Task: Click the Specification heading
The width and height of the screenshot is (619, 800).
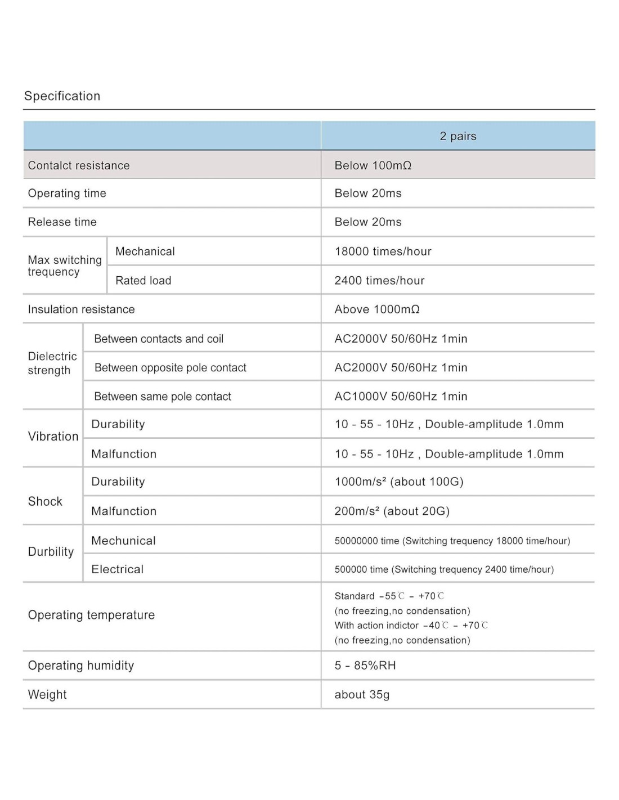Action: coord(62,96)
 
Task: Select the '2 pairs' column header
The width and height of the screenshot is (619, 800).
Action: coord(458,136)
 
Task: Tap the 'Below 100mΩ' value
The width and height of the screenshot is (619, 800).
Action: coord(373,165)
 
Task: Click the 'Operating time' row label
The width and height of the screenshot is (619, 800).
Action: coord(67,194)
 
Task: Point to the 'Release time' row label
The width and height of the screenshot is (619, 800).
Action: coord(62,222)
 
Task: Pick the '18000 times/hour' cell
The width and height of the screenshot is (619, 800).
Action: coord(383,251)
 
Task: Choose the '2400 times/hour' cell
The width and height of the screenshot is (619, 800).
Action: coord(379,281)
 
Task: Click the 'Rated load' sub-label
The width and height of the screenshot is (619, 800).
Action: coord(143,281)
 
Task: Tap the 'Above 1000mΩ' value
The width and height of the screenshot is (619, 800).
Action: coord(377,309)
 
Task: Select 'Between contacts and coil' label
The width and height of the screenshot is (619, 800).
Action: coord(159,339)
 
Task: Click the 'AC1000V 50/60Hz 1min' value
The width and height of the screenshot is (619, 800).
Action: coord(401,397)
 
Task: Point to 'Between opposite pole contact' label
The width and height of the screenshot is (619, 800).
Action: coord(170,368)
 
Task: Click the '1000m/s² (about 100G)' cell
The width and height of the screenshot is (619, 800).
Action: coord(399,482)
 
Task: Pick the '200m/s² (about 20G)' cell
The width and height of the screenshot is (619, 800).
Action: coord(392,511)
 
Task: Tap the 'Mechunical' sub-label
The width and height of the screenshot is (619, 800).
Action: coord(123,541)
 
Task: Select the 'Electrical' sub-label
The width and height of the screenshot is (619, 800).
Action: coord(117,569)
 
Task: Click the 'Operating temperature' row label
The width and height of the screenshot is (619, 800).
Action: coord(91,615)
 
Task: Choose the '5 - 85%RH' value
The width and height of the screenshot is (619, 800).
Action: coord(365,666)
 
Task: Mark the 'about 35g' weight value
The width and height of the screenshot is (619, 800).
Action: coord(362,695)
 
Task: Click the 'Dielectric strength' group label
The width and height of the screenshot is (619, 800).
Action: coord(52,363)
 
